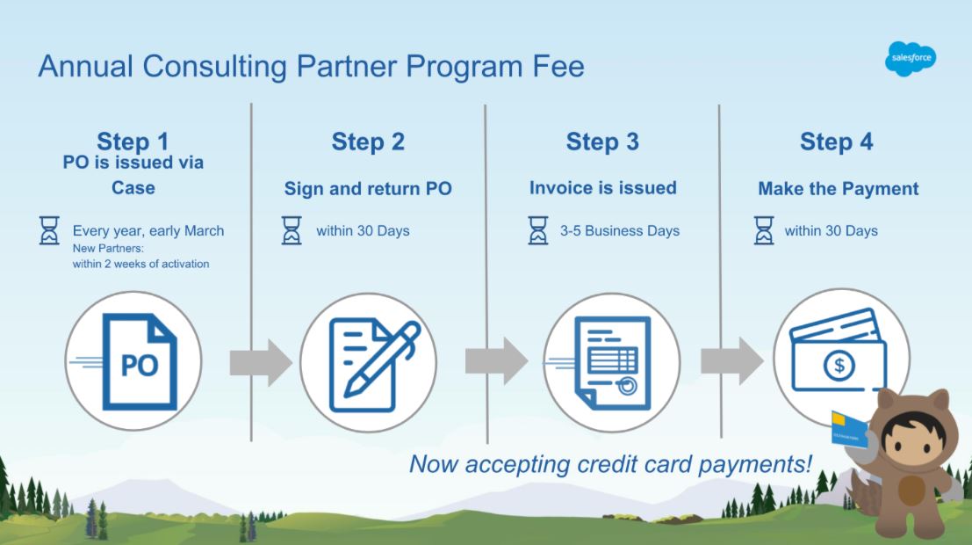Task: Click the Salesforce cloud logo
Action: point(910,59)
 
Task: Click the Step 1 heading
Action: point(133,142)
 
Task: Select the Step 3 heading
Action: point(602,142)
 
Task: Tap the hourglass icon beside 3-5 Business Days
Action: point(538,230)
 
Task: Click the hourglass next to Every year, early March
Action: point(49,230)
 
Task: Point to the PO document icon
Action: point(140,361)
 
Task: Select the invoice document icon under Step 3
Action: point(613,363)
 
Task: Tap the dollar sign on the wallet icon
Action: point(839,365)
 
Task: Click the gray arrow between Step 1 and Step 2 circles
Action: point(261,362)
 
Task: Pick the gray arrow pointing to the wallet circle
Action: point(732,361)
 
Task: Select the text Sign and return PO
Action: point(368,189)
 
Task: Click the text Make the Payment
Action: point(839,189)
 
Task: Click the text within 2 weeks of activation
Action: point(140,264)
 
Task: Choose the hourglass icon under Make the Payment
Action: point(764,230)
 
